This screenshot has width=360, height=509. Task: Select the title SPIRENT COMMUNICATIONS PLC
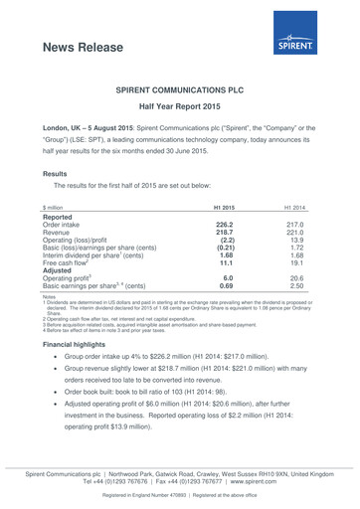pos(180,89)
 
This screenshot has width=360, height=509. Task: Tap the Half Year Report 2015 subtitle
pos(180,107)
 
